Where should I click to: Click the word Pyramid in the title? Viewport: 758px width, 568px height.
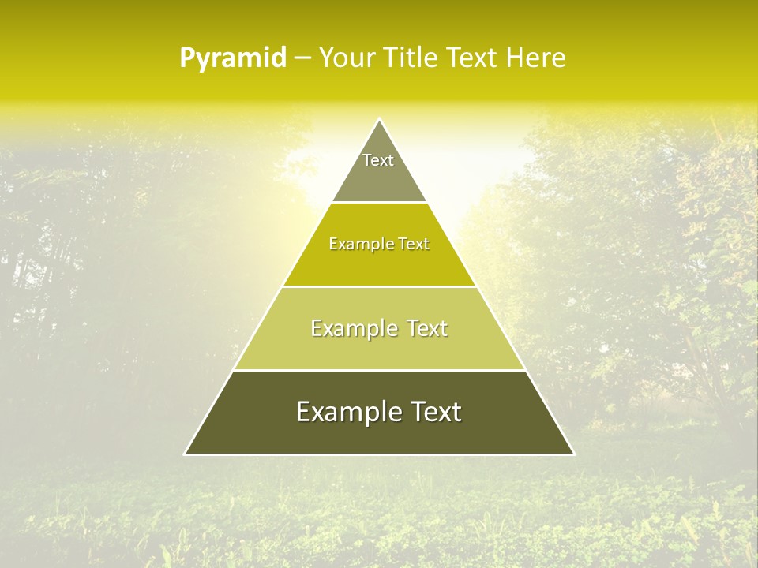pyautogui.click(x=232, y=58)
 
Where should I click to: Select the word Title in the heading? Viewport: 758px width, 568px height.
pyautogui.click(x=411, y=58)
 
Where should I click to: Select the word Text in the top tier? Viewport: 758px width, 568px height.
pyautogui.click(x=378, y=160)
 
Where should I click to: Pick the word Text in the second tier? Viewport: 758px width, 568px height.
pyautogui.click(x=414, y=245)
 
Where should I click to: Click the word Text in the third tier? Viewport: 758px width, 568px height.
pyautogui.click(x=427, y=328)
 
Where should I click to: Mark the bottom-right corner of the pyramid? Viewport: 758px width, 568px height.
pyautogui.click(x=573, y=454)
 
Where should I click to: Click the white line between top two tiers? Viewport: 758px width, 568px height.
pyautogui.click(x=379, y=203)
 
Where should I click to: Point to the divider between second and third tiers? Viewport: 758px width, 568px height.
pyautogui.click(x=379, y=286)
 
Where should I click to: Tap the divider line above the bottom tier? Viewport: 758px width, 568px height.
pyautogui.click(x=379, y=370)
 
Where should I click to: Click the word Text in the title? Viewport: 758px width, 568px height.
pyautogui.click(x=471, y=58)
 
